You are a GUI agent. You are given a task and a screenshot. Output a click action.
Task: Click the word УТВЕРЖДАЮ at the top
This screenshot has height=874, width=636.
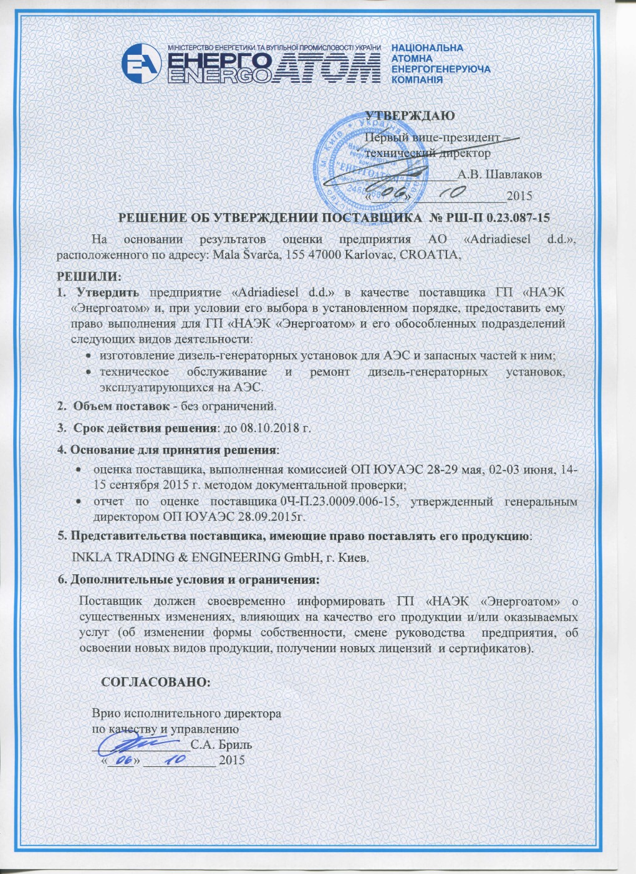click(409, 115)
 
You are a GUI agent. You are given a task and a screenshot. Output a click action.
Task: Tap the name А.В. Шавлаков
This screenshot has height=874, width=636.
click(499, 174)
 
